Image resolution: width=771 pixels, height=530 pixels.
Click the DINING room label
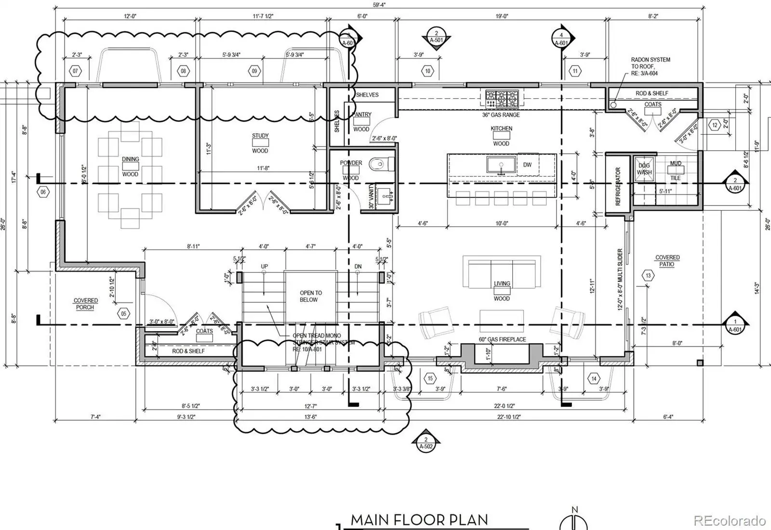coord(130,159)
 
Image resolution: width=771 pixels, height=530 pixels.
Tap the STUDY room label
coord(260,136)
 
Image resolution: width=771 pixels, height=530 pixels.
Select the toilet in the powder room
coord(381,165)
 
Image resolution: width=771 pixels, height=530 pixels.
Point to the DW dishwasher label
coord(527,165)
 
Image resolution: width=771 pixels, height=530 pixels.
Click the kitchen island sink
coord(501,165)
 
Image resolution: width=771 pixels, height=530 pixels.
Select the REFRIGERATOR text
coord(618,186)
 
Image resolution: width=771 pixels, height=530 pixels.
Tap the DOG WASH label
coord(644,169)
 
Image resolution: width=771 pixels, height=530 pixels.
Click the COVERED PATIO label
coord(667,261)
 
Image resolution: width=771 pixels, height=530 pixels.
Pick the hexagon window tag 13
coord(648,276)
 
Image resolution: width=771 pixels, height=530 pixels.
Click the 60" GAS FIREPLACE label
coord(502,339)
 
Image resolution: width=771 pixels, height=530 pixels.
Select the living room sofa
coord(500,272)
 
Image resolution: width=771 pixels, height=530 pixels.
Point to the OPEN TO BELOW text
coord(310,296)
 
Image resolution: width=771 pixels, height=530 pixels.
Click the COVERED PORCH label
coord(85,304)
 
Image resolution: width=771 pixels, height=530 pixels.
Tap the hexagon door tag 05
coord(124,314)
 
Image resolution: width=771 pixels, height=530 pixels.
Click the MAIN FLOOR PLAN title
coord(419,520)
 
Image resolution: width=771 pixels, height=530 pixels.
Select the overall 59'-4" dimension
coord(379,5)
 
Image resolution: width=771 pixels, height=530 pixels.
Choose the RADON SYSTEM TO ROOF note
coord(650,66)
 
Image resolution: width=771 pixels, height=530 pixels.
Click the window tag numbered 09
coord(254,71)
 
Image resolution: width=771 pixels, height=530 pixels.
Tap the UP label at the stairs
coord(264,266)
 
